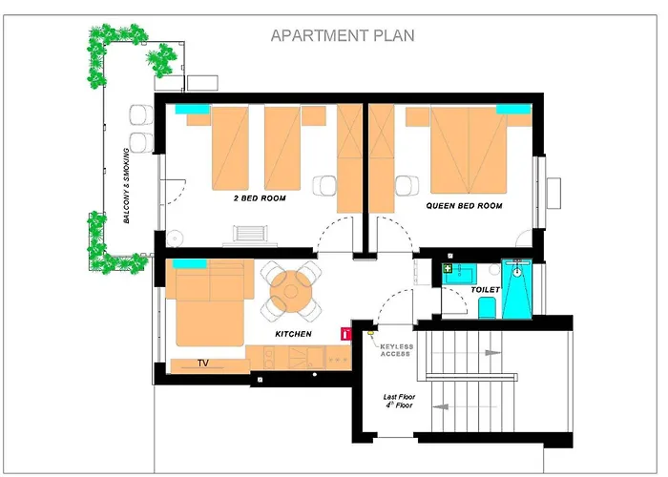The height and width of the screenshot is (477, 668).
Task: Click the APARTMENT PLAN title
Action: pyautogui.click(x=343, y=35)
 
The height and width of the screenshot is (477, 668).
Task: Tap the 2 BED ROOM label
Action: pyautogui.click(x=260, y=198)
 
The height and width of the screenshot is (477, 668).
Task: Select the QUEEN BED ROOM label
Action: pyautogui.click(x=464, y=206)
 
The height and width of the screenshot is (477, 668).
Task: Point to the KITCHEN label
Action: pyautogui.click(x=293, y=334)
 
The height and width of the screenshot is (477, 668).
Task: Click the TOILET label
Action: pyautogui.click(x=485, y=290)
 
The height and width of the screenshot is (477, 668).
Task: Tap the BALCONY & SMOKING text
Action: pyautogui.click(x=127, y=186)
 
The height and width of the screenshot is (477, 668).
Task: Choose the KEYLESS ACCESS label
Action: pyautogui.click(x=396, y=350)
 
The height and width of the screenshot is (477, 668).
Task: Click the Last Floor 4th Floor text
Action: pyautogui.click(x=399, y=401)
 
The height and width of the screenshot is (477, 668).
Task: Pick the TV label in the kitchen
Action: pyautogui.click(x=203, y=363)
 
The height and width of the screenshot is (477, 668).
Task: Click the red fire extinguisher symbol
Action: pyautogui.click(x=345, y=334)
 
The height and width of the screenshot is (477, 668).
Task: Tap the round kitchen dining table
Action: pyautogui.click(x=291, y=292)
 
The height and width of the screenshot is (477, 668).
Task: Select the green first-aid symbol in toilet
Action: pyautogui.click(x=448, y=268)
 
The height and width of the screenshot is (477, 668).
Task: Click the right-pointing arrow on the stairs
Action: pyautogui.click(x=493, y=353)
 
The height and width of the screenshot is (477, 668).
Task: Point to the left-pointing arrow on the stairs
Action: pyautogui.click(x=441, y=406)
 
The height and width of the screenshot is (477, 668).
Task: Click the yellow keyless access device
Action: pyautogui.click(x=370, y=329)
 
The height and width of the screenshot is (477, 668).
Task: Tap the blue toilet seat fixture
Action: pyautogui.click(x=487, y=308)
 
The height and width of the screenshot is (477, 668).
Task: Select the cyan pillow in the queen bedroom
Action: pyautogui.click(x=513, y=109)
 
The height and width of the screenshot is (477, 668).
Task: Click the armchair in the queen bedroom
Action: pyautogui.click(x=407, y=186)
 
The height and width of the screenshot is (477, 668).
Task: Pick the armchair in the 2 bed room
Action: pyautogui.click(x=324, y=186)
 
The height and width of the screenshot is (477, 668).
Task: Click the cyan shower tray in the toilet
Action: pyautogui.click(x=517, y=289)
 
